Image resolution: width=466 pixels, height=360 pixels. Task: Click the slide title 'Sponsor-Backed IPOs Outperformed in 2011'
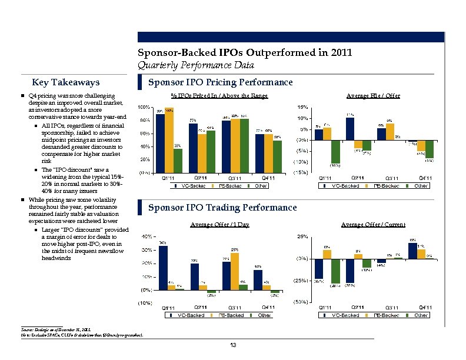244,53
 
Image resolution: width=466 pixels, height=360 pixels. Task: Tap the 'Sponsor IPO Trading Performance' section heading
222,208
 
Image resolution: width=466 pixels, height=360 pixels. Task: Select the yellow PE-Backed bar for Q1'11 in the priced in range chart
169,140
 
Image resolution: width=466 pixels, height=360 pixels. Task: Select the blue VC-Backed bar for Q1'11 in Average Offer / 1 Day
163,268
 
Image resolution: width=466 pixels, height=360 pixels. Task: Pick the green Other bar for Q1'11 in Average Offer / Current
336,271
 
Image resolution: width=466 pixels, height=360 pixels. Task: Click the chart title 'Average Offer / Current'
373,224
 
